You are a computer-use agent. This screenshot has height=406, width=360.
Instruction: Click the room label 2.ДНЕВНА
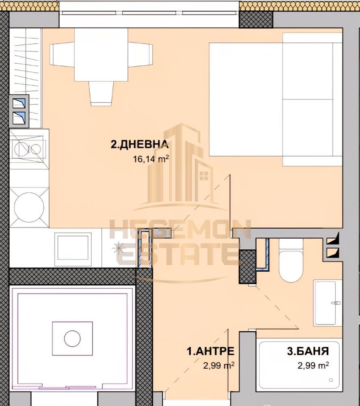[139, 145]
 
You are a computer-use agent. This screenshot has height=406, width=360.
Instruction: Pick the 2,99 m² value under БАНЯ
[313, 365]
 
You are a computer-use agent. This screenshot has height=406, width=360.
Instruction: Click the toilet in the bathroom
[291, 262]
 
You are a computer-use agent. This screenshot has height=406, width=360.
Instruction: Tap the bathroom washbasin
[328, 302]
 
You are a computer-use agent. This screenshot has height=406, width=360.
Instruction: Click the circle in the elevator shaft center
[72, 338]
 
